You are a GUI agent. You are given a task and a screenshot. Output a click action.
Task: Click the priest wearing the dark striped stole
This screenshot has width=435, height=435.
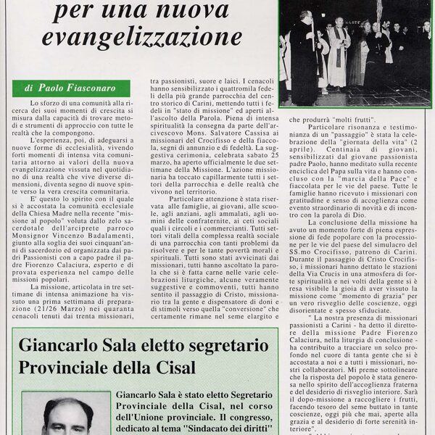coord(337,51)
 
